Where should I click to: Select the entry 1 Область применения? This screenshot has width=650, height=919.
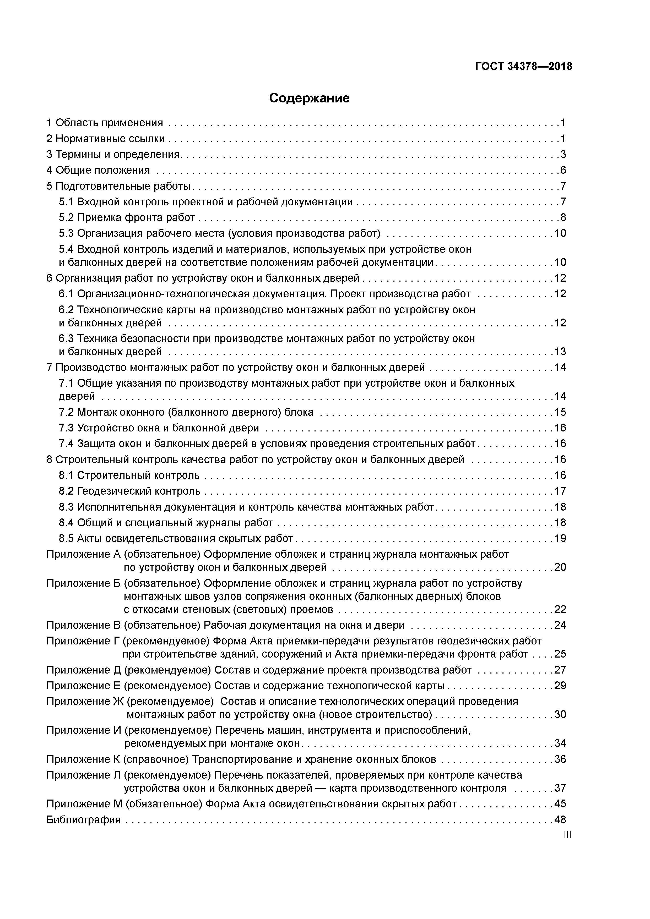[x=105, y=123]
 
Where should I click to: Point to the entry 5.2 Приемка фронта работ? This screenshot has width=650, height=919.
[x=127, y=218]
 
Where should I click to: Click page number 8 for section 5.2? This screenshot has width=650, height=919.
[x=563, y=218]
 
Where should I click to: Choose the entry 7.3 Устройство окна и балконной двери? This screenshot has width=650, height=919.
[x=159, y=428]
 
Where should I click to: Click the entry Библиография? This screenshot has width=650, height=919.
[x=83, y=820]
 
